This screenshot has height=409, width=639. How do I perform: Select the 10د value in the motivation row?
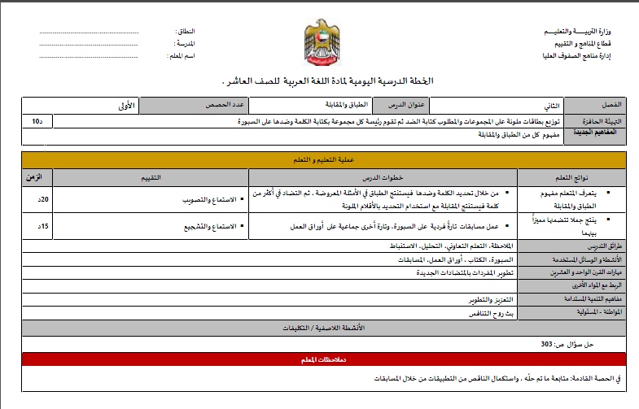(x=37, y=120)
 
